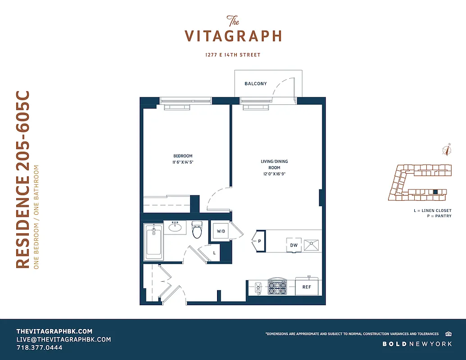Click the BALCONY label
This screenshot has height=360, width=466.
[x=255, y=84]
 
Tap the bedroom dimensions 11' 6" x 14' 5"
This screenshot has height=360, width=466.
[x=183, y=162]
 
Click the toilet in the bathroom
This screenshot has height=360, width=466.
[x=197, y=229]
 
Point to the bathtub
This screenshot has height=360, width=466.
[x=153, y=242]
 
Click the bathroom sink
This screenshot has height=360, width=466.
[x=175, y=228]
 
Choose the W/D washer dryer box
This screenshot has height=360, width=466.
[x=221, y=231]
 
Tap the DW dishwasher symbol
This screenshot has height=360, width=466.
[x=293, y=245]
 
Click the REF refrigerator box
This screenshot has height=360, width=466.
[x=307, y=287]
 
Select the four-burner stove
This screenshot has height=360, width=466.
[x=277, y=286]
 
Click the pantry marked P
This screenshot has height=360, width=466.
[x=259, y=241]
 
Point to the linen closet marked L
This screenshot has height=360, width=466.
[x=214, y=252]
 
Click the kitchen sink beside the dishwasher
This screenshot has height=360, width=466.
[x=312, y=245]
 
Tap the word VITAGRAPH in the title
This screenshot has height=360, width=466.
[x=233, y=36]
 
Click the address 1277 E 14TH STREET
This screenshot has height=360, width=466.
[x=233, y=55]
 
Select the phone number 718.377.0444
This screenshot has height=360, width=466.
[x=40, y=348]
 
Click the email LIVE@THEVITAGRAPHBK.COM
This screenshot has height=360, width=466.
[x=63, y=339]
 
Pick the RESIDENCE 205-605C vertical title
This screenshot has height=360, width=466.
[x=23, y=180]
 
